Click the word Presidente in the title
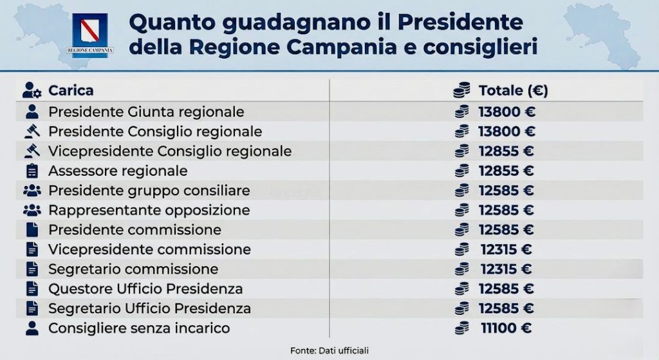[460, 22]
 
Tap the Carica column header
[71, 90]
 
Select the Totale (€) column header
[513, 90]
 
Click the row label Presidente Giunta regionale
[146, 111]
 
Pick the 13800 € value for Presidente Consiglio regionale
[506, 131]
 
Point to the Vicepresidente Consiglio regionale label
[170, 151]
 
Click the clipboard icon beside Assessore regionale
[31, 171]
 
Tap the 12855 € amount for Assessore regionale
[506, 171]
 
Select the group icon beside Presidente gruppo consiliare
[31, 191]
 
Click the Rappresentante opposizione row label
[149, 211]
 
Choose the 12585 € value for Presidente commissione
[506, 230]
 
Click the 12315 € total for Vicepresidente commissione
[506, 249]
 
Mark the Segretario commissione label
[133, 269]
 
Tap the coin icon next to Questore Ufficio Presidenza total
[461, 289]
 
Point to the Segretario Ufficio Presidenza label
[149, 308]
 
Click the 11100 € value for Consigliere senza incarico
[506, 328]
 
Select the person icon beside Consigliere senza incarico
[31, 328]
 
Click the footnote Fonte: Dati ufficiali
[329, 350]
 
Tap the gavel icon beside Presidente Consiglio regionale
[31, 131]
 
